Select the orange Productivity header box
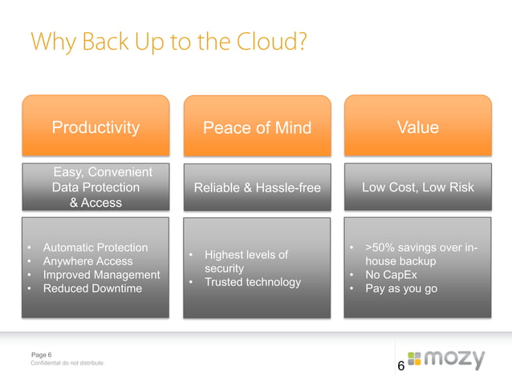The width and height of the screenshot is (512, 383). (x=95, y=127)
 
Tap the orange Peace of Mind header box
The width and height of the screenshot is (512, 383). (x=257, y=128)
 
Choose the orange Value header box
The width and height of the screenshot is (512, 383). (x=417, y=127)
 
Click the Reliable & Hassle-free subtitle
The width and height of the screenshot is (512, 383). (x=257, y=188)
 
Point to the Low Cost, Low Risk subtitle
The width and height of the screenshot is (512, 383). (x=417, y=187)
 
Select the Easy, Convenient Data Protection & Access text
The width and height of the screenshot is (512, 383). (x=95, y=187)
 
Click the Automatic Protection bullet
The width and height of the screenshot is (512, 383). (x=95, y=248)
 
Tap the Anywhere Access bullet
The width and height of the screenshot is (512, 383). (x=87, y=261)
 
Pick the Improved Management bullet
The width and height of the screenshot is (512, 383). (x=101, y=275)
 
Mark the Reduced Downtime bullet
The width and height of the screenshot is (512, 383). (x=91, y=288)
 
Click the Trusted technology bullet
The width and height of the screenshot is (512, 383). (x=252, y=282)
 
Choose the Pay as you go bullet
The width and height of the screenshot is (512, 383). (x=401, y=288)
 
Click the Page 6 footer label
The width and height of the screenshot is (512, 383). (x=41, y=354)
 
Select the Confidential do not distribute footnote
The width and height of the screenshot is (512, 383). (x=67, y=364)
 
